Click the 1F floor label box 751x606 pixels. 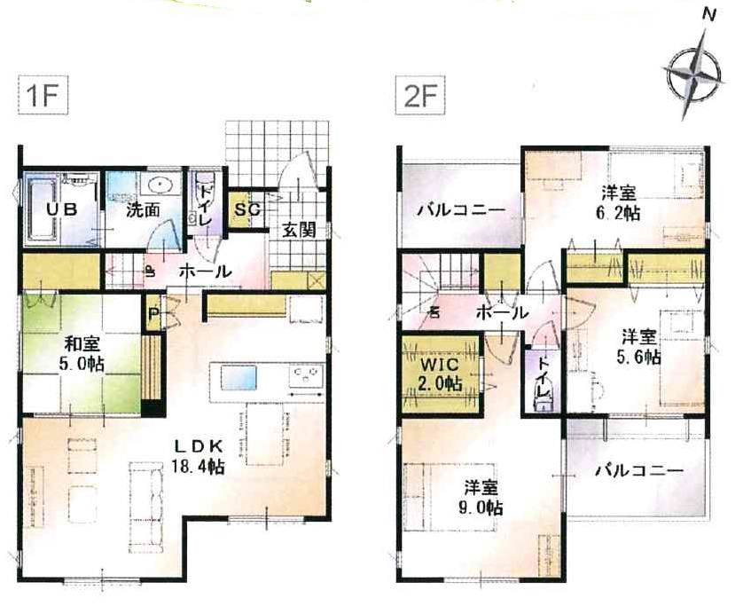43,96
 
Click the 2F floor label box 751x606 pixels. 420,96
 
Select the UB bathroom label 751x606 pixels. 62,209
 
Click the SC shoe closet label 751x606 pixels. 247,209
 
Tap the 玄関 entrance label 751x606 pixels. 299,230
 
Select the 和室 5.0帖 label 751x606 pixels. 82,354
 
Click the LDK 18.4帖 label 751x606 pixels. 198,456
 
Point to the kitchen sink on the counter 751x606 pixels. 239,377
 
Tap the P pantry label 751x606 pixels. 153,314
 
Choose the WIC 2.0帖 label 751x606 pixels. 440,374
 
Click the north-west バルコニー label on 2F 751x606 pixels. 461,210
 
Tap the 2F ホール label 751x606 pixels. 502,313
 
